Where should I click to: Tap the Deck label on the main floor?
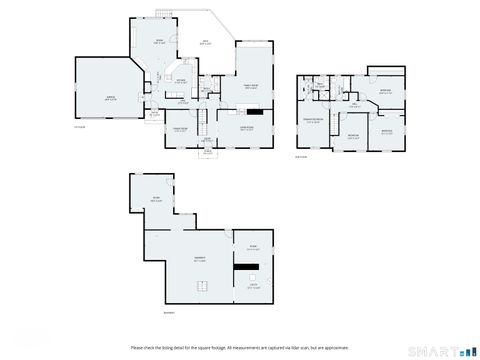point(205,41)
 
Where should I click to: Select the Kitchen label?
point(181,81)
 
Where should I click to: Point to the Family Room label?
point(253,87)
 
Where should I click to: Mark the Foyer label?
point(208,139)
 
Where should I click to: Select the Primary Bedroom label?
point(313,121)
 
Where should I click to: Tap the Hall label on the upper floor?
point(354,105)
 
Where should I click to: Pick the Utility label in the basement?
point(252,287)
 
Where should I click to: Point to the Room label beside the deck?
point(159,42)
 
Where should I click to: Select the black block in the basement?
point(246,266)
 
